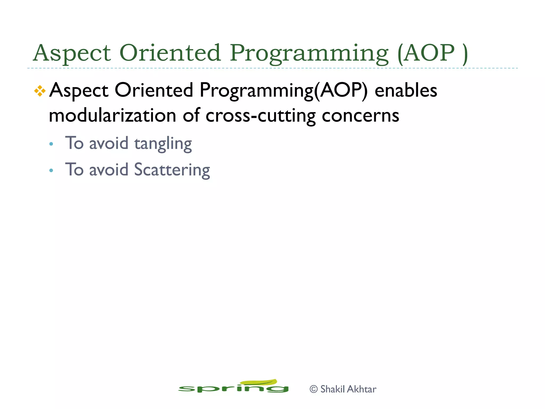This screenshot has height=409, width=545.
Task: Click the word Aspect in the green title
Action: [x=72, y=53]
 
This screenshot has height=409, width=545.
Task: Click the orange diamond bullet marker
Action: [x=40, y=91]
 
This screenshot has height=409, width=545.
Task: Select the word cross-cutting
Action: [x=261, y=116]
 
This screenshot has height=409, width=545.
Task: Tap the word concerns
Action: [x=360, y=116]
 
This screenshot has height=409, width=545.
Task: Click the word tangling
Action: [x=163, y=144]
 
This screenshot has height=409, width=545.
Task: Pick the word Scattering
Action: [x=172, y=170]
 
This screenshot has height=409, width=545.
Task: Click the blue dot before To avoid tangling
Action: [x=51, y=144]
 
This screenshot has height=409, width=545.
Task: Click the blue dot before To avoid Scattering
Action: [x=51, y=170]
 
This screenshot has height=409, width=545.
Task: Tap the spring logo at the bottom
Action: [x=233, y=387]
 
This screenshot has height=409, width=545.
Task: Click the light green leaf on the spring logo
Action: [x=259, y=382]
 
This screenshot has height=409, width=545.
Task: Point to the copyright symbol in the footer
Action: [x=314, y=389]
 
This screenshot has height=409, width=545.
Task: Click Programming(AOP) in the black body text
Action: [x=283, y=91]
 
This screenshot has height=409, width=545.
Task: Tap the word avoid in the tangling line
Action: [x=109, y=144]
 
